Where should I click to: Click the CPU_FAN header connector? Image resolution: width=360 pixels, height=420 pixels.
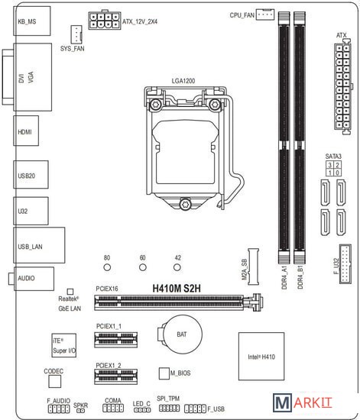click(265, 15)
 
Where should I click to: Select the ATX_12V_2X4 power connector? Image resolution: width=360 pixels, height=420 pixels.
click(104, 21)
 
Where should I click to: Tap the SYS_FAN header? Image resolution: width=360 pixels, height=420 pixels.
click(76, 34)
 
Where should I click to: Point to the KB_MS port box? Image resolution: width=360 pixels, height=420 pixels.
click(32, 21)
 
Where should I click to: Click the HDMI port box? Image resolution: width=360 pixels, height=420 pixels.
click(26, 131)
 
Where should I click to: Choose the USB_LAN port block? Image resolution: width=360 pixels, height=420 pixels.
click(39, 245)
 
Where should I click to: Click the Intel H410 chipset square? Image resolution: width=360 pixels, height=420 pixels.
click(261, 357)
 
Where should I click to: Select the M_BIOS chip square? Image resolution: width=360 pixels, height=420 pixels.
click(164, 373)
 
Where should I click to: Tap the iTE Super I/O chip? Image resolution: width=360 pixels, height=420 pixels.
click(63, 345)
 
